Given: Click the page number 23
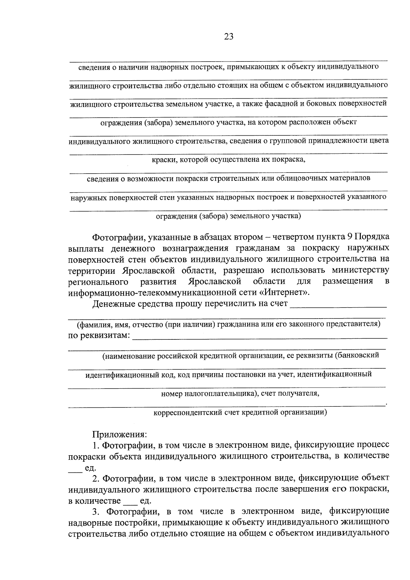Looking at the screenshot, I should pos(229,37).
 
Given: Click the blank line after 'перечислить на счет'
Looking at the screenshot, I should pos(338,305).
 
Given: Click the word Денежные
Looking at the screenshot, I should pos(112,304).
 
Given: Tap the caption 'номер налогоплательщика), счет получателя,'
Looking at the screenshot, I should pos(240,393).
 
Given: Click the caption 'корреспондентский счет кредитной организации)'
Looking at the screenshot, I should pos(240,412).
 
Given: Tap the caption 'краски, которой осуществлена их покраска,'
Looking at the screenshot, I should pos(228,160).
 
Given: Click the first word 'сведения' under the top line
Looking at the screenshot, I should pos(92,67).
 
